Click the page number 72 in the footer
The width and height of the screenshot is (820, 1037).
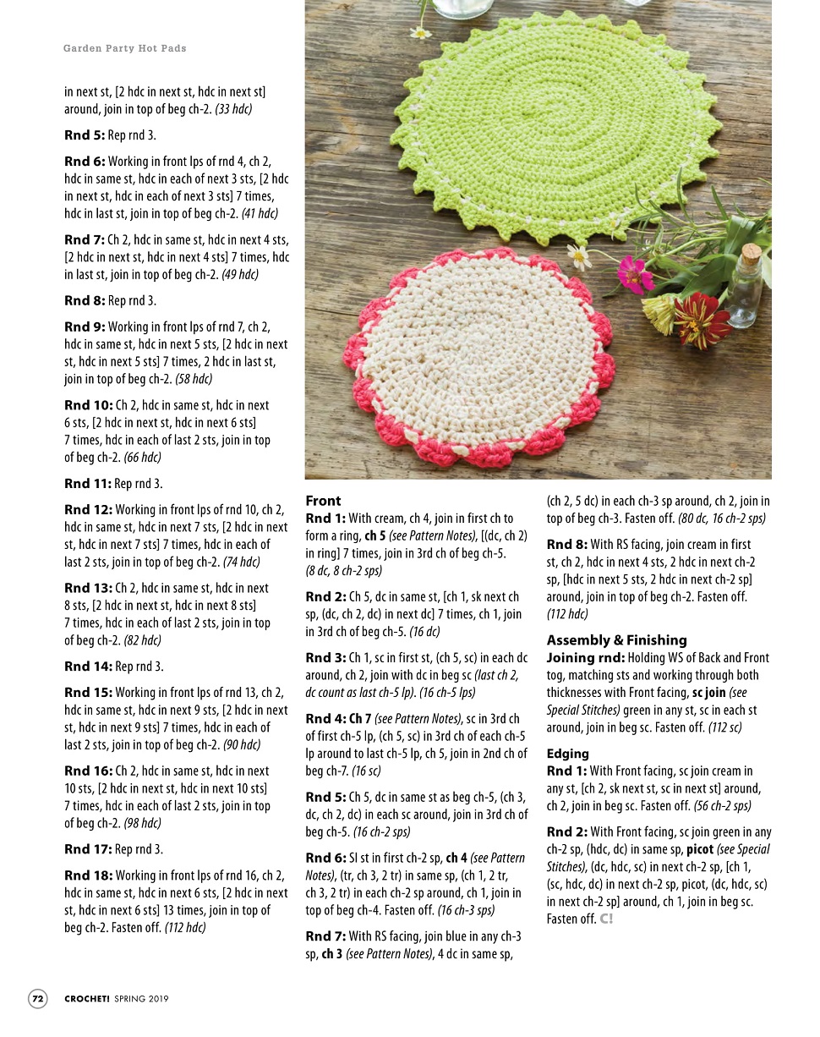38,998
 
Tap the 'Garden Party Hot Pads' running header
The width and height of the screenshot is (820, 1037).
125,48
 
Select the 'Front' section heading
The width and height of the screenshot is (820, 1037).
323,501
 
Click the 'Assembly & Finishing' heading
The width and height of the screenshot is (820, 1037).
616,640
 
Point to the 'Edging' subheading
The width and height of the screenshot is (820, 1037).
567,754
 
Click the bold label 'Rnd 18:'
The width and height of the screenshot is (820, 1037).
89,875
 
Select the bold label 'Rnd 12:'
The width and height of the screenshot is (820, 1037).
88,510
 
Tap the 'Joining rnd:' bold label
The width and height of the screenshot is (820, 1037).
585,658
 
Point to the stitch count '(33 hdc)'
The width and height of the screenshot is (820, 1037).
233,109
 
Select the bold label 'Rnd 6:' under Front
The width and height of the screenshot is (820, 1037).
325,858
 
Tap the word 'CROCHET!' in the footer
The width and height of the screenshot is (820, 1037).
87,999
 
